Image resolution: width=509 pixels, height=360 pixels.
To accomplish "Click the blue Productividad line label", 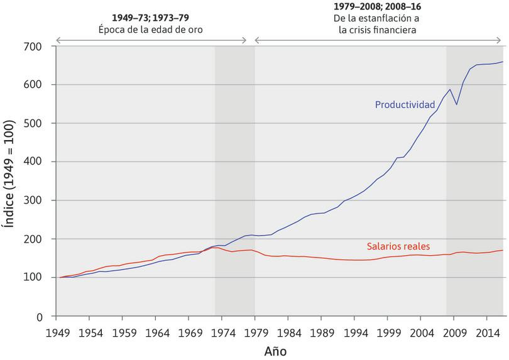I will tap(405, 104).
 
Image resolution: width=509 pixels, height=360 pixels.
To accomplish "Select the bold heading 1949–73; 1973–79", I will tap(151, 17).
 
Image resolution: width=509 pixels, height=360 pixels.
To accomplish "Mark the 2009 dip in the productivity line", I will tap(456, 104).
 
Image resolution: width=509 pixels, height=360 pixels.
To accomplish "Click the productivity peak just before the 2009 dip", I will tap(450, 89).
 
